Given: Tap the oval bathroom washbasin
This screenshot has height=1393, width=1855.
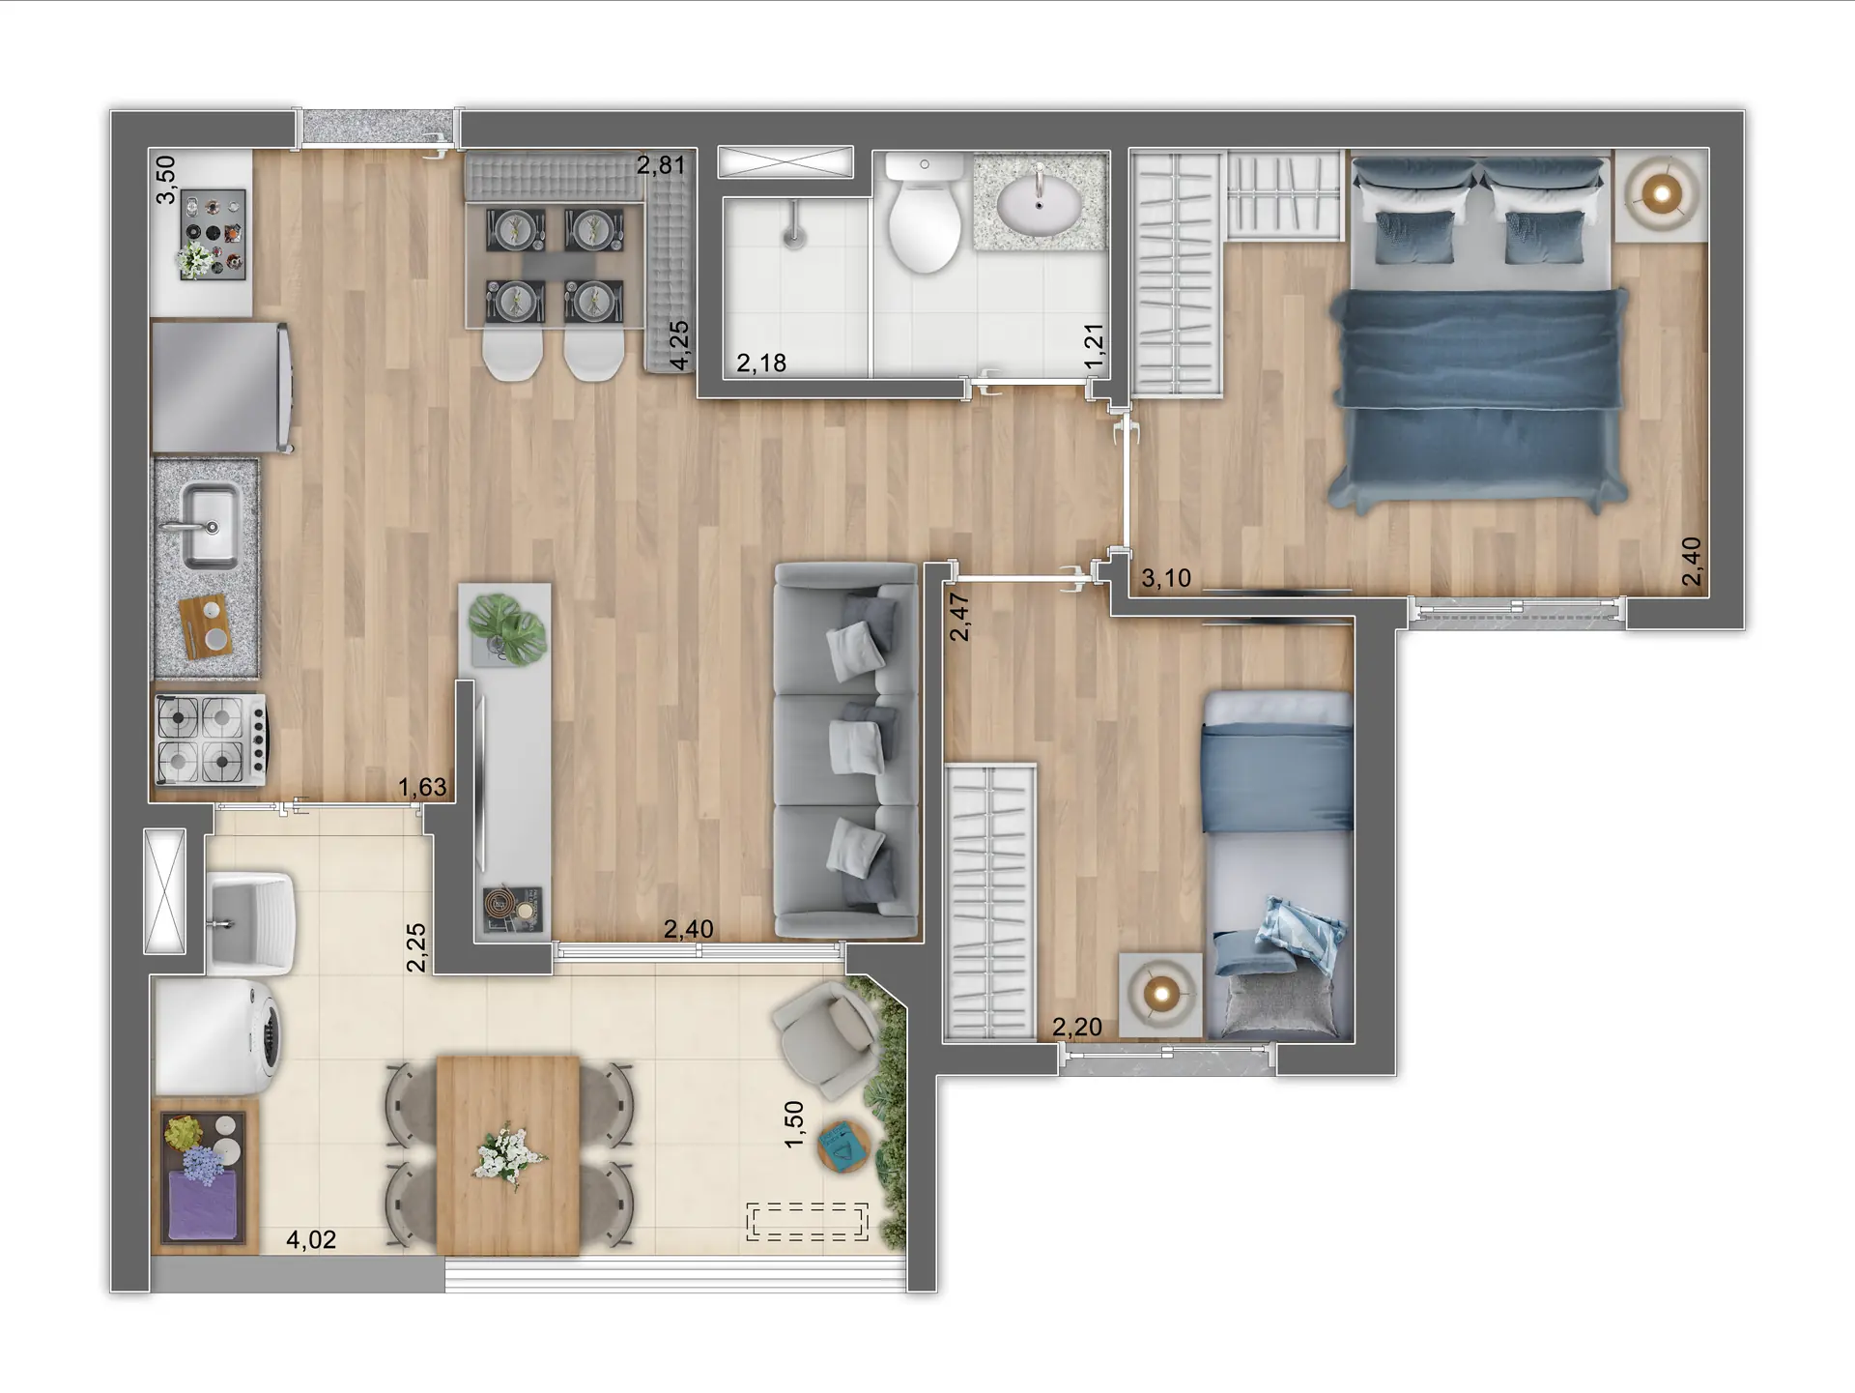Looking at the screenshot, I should click(1039, 203).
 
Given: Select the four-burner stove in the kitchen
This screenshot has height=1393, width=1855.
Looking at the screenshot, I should click(209, 740).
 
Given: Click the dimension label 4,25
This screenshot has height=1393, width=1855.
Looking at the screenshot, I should click(680, 345).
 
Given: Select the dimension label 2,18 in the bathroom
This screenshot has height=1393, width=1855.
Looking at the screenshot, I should click(760, 363).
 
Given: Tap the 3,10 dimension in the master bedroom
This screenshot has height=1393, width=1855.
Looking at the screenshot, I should click(1165, 578).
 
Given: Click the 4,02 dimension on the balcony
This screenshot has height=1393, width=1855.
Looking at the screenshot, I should click(311, 1239).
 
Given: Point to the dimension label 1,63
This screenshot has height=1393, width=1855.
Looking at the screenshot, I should click(422, 787).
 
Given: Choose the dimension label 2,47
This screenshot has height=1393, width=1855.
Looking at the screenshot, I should click(958, 617).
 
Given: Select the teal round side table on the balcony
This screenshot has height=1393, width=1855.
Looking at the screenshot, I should click(843, 1146).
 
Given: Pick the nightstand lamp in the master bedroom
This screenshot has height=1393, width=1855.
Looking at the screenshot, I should click(1661, 195).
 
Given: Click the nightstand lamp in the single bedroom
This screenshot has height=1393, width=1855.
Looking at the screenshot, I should click(1160, 993).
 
